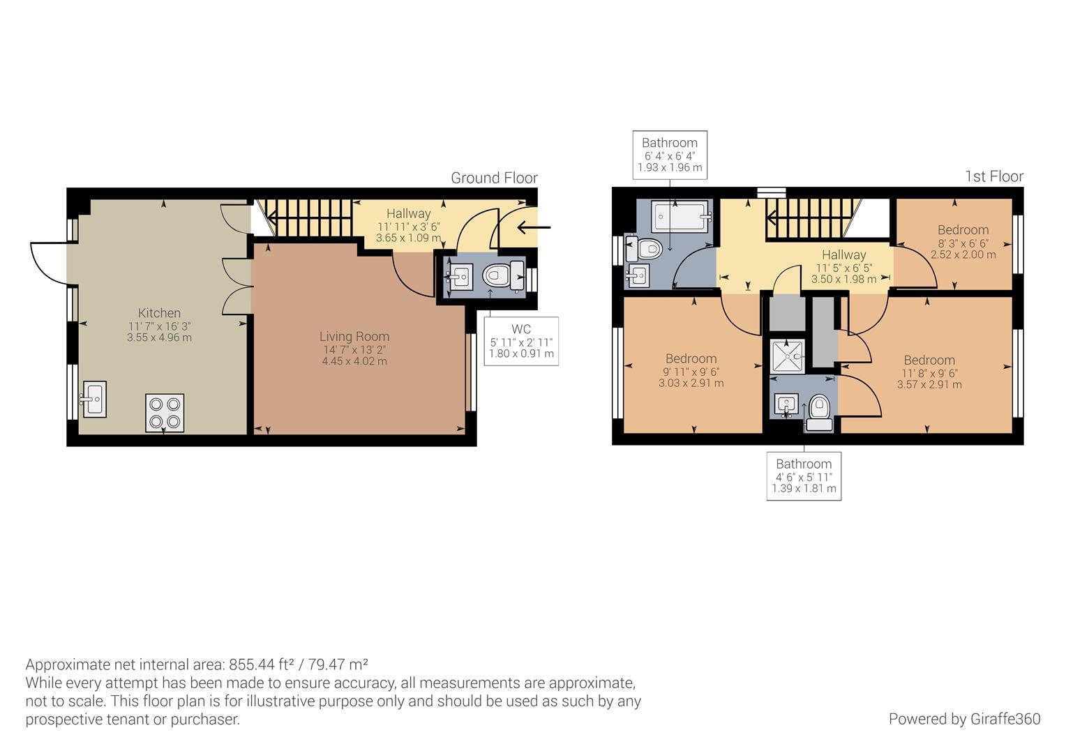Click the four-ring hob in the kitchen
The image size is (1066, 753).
point(164,413)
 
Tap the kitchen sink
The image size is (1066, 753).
point(94,399)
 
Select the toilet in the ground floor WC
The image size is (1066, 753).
point(503,275)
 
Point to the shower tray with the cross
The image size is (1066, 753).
point(787,357)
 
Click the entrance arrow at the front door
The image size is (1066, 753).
point(534,227)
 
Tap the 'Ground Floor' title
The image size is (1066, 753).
point(494,178)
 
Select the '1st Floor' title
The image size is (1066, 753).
point(994,176)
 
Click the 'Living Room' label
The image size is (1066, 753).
point(354,336)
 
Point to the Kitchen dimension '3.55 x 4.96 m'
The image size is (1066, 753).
point(160,337)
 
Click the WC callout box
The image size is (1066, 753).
point(521,341)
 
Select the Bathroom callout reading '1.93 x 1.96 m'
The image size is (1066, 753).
point(670,155)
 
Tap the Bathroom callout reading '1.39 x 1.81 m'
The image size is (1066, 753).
point(804,476)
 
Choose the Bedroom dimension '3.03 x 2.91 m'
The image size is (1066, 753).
point(691,383)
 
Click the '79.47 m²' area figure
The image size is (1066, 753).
point(338,664)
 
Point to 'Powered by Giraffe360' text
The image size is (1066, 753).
point(965,719)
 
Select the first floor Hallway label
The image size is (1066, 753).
point(843,255)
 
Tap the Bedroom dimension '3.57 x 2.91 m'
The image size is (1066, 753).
point(929,385)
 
